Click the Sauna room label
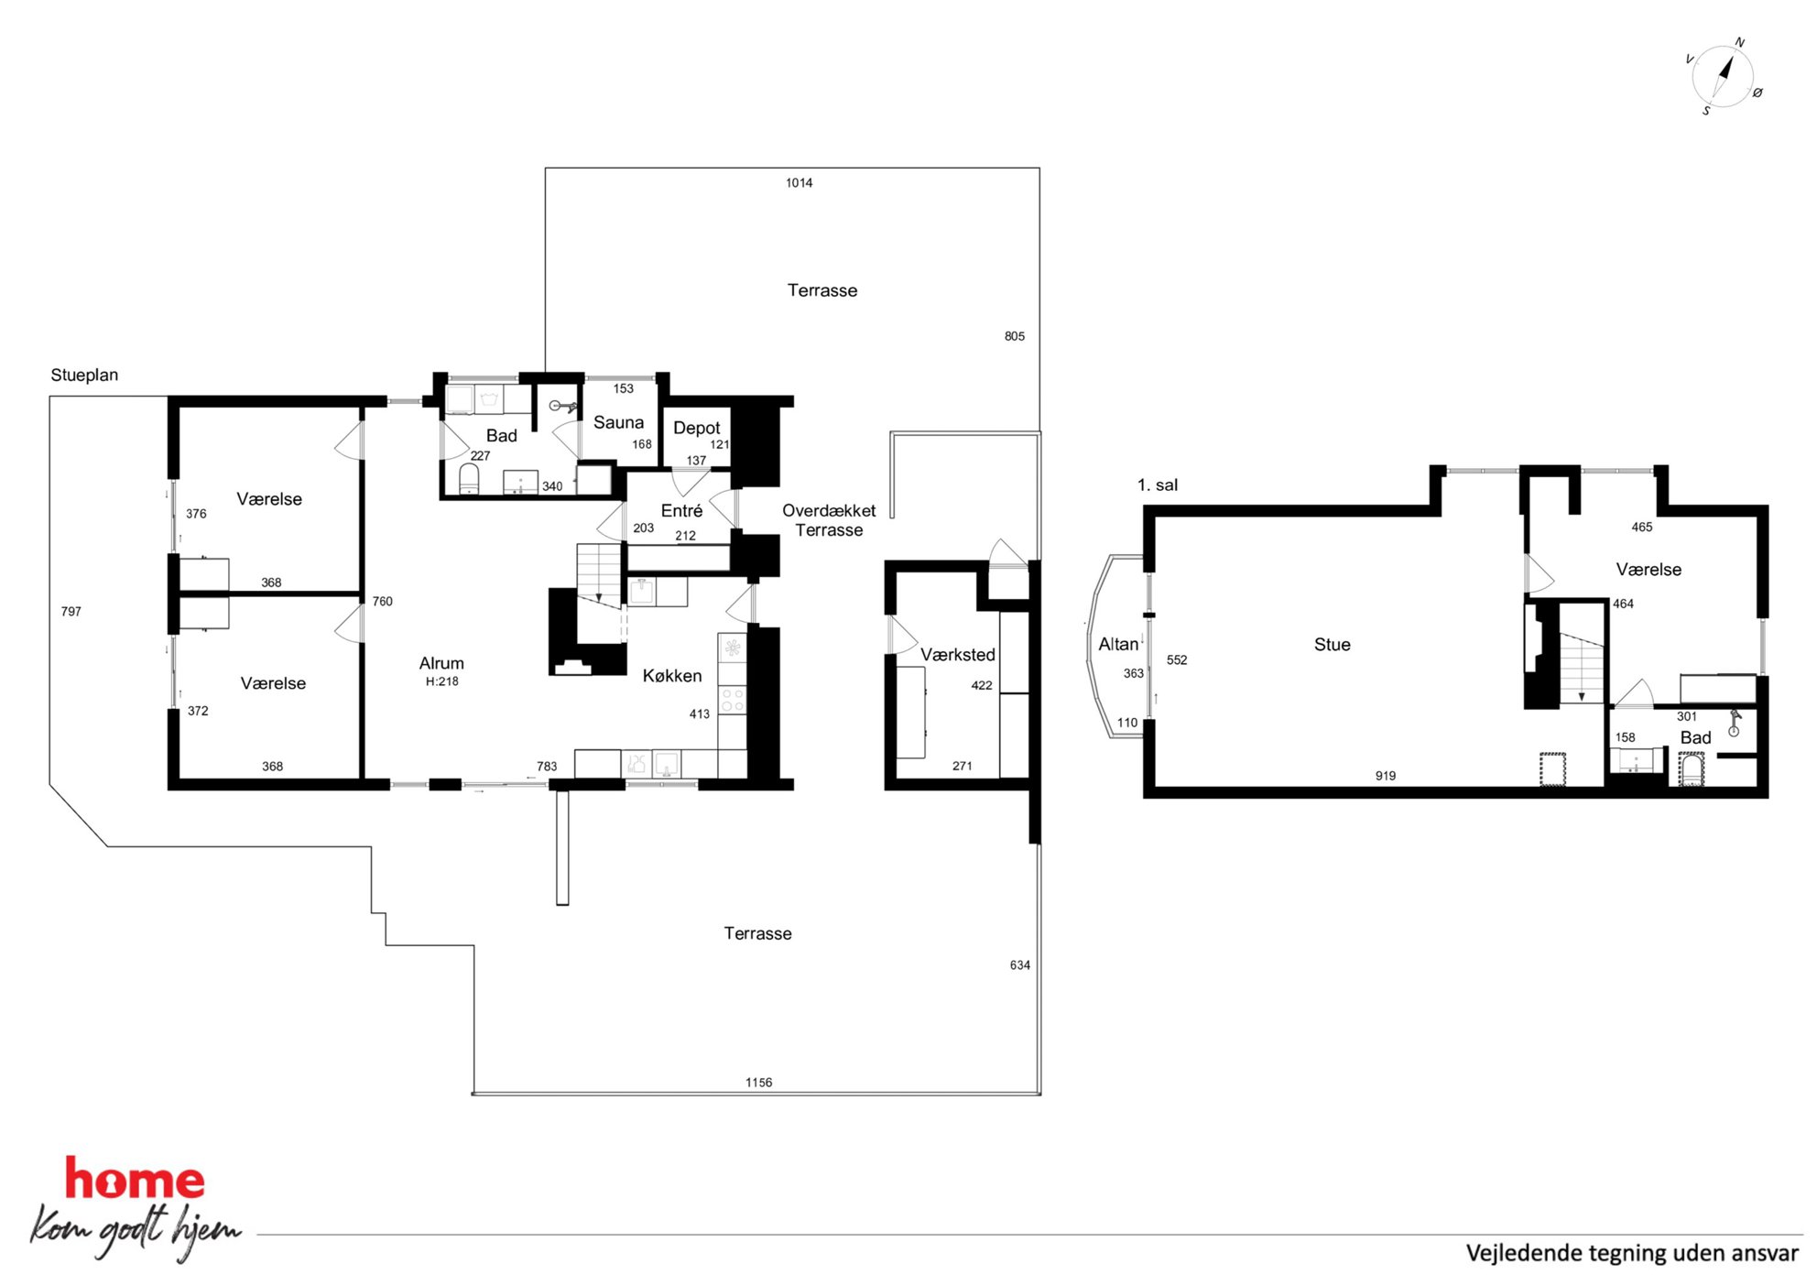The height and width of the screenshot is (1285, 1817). (x=618, y=422)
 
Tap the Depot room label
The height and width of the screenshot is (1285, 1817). (x=696, y=428)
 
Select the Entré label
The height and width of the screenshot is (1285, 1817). (x=681, y=510)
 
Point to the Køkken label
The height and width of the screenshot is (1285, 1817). (x=672, y=676)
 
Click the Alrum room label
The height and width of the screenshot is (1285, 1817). (x=441, y=663)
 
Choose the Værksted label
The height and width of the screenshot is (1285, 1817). (x=957, y=655)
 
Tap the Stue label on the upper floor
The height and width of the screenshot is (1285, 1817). (x=1332, y=645)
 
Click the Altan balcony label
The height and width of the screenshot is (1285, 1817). (x=1118, y=644)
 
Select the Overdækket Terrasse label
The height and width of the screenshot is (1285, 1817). (x=829, y=520)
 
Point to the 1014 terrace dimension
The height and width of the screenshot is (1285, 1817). (x=799, y=183)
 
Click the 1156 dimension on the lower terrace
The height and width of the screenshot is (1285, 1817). (x=758, y=1083)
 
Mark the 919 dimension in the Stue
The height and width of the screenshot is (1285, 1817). (x=1385, y=776)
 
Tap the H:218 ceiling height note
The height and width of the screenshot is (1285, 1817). (x=441, y=681)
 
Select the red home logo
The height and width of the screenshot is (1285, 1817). (x=135, y=1179)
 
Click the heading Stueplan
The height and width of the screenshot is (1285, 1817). (x=84, y=376)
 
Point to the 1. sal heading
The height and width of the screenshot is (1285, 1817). (x=1158, y=485)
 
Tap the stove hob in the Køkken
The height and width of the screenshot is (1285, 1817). (x=733, y=700)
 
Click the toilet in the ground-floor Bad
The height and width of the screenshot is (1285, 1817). (x=469, y=478)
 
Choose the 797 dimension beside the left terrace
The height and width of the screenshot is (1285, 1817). (x=71, y=612)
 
